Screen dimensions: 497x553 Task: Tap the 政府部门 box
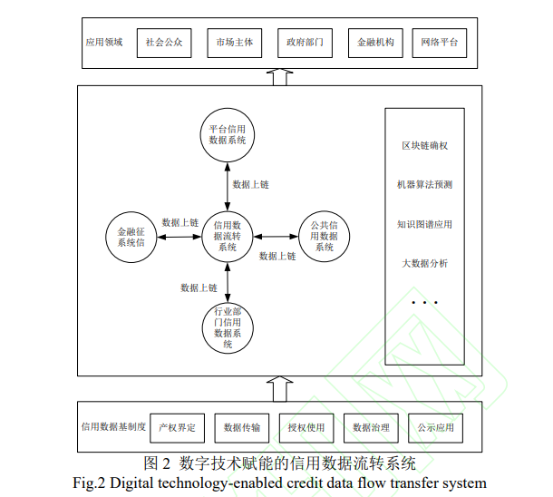304,42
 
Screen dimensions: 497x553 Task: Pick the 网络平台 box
441,42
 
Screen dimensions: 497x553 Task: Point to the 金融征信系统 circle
131,238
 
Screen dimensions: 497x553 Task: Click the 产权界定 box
175,426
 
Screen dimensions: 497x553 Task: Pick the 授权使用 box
306,426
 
